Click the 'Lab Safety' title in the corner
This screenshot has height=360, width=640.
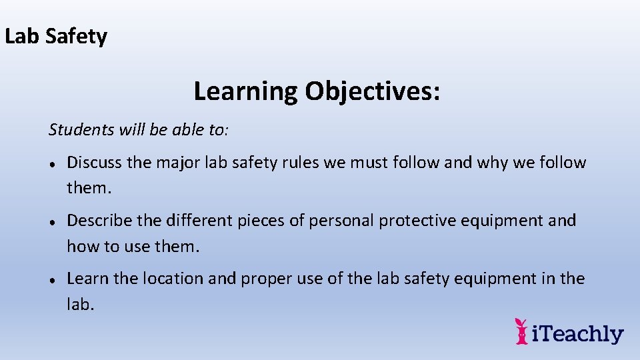(x=56, y=36)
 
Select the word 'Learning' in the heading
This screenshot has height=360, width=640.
(x=245, y=91)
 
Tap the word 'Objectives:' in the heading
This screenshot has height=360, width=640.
(x=373, y=91)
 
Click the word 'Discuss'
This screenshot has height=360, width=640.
(x=97, y=163)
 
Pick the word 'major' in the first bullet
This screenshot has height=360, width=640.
(x=180, y=163)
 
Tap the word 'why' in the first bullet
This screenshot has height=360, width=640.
(x=494, y=163)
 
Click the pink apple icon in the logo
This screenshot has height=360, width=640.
(x=521, y=331)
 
